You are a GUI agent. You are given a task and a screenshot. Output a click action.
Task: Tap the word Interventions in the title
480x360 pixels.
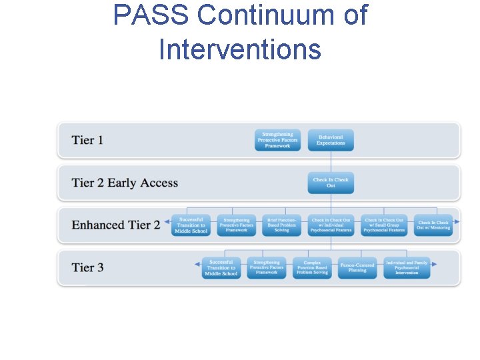(240, 49)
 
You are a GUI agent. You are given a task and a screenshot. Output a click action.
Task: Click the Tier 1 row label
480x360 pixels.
(87, 140)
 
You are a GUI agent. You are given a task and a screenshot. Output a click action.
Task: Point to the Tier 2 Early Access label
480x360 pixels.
(125, 183)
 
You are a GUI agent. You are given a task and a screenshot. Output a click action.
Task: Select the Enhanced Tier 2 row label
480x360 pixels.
(116, 225)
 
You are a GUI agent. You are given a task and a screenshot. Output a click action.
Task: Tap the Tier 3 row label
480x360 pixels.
(87, 268)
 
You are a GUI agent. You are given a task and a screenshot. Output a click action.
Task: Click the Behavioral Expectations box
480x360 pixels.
(331, 140)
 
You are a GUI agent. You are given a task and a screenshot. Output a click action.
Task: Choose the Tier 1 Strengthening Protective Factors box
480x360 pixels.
(277, 140)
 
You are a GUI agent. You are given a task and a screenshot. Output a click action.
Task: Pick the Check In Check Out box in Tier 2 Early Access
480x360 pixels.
(331, 183)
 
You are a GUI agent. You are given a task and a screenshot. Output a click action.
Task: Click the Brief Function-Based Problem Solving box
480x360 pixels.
(281, 225)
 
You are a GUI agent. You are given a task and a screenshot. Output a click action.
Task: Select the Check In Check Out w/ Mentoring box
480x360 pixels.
(433, 225)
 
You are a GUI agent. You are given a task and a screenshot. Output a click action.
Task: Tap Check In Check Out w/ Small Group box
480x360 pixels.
(384, 225)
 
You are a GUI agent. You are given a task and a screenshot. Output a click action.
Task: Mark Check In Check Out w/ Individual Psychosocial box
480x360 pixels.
(331, 225)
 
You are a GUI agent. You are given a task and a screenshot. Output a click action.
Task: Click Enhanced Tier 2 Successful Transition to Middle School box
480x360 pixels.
(191, 225)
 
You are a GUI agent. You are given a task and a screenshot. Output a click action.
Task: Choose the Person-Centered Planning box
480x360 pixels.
(357, 268)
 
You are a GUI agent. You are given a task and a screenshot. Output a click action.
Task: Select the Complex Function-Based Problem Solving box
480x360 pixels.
(312, 268)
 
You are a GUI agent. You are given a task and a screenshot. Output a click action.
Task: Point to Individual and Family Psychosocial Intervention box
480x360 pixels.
(407, 268)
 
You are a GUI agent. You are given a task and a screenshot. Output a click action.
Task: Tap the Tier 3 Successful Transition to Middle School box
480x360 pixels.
(221, 268)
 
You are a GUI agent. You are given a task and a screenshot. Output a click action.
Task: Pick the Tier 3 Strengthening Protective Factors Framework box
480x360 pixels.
(267, 268)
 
